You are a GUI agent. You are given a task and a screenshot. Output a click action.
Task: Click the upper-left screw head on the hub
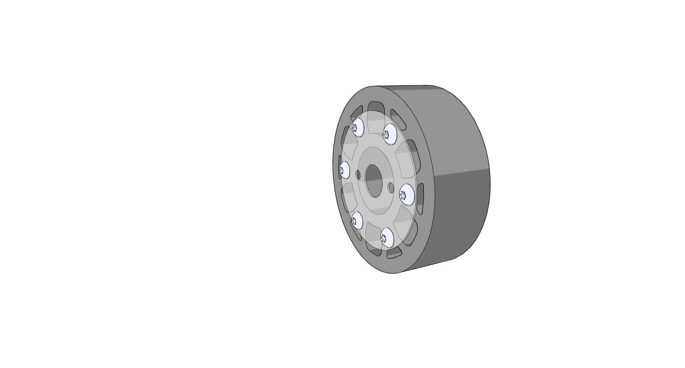pos(357,127)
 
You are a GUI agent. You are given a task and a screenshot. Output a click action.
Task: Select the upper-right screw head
pos(390,134)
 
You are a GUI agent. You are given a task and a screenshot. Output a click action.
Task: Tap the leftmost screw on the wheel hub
pos(344,170)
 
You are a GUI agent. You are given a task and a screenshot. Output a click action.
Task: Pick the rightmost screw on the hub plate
pos(406,195)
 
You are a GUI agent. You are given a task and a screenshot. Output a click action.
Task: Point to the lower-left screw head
pos(357,221)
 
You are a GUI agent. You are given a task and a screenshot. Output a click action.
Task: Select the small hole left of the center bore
pos(358,175)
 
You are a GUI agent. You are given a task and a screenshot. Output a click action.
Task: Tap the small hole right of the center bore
pos(391,187)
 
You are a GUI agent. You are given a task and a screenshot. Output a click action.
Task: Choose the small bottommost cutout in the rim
pos(394,253)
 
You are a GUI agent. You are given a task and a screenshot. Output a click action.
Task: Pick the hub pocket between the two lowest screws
pos(373,234)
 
